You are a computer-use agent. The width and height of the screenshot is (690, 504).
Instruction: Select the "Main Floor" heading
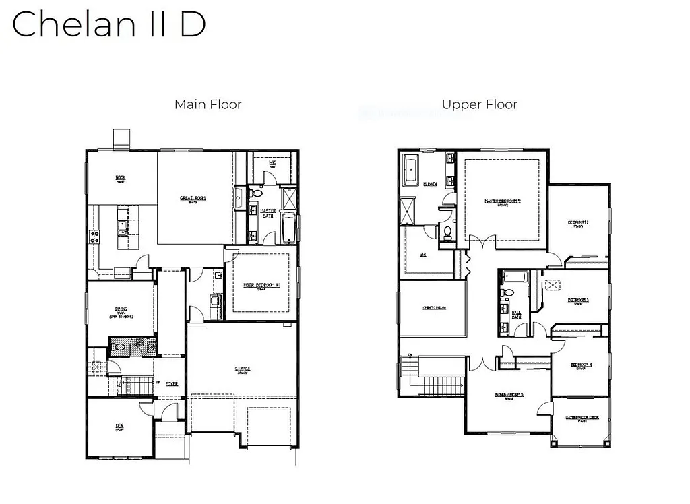pos(208,104)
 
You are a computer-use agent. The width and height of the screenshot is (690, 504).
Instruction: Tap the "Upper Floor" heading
pos(479,104)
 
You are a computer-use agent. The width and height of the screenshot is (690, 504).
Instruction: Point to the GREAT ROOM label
pos(192,198)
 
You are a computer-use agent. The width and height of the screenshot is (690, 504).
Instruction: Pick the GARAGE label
pos(243,369)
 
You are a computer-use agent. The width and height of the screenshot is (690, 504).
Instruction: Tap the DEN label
pos(119,426)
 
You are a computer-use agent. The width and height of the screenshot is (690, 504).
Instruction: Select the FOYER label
pos(172,383)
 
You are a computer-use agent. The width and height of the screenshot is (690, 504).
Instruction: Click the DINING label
pos(121,310)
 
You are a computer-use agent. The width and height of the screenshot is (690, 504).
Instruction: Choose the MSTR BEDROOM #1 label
pos(261,285)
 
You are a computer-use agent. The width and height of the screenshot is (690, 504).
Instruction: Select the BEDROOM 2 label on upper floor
pos(578,222)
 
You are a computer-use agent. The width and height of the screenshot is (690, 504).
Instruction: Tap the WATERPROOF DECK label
pos(581,418)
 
